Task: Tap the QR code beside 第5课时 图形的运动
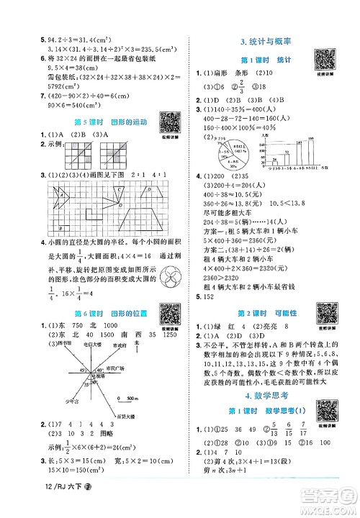(149, 119)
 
